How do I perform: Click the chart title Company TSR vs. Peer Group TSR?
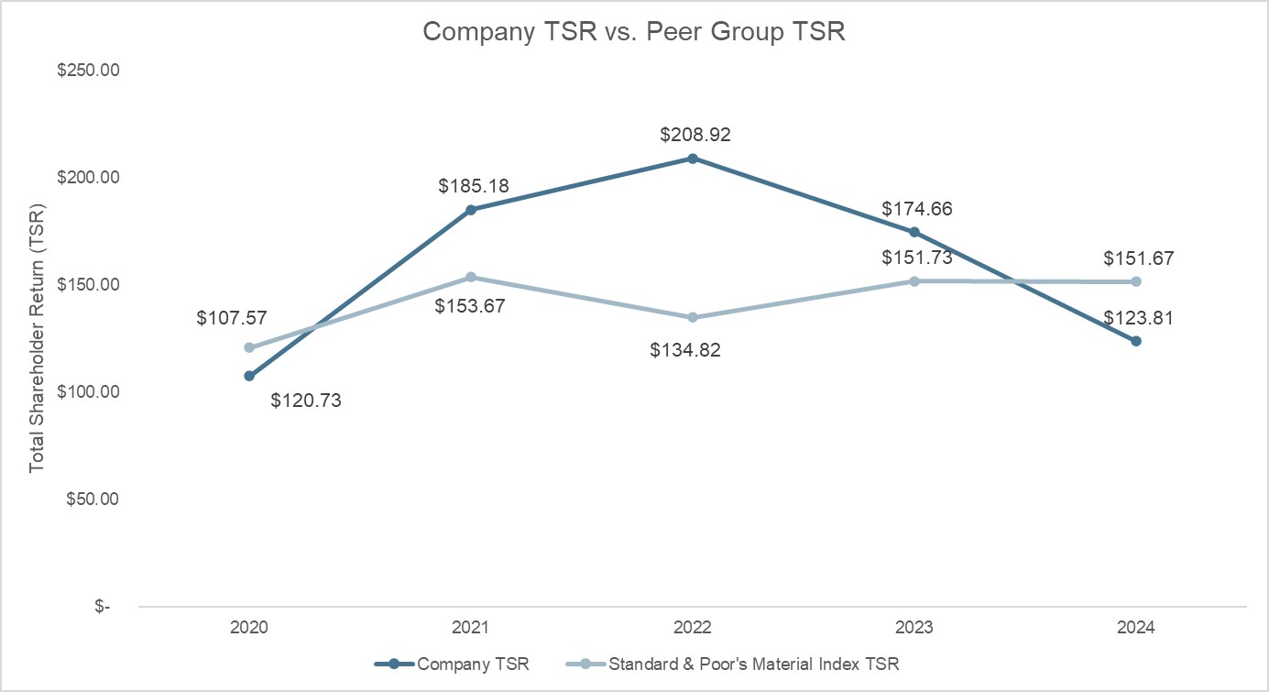(634, 32)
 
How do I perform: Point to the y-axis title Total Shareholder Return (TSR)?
(37, 338)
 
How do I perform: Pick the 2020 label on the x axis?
(248, 628)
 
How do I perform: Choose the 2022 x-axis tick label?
(693, 628)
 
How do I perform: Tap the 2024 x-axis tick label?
(1136, 628)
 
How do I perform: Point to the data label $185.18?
(473, 187)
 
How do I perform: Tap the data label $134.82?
(684, 349)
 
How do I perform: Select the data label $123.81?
(1137, 318)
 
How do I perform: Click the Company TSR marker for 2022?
(693, 159)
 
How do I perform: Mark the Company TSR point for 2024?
(1136, 341)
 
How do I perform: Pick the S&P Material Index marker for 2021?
(471, 277)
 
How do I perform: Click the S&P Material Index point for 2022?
(693, 317)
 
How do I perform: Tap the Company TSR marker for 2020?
(249, 376)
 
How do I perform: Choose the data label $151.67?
(1137, 258)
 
